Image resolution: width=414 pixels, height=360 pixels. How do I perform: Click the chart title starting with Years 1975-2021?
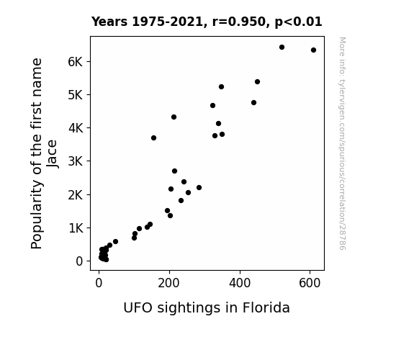207,22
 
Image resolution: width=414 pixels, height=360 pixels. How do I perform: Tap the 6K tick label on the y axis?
76,62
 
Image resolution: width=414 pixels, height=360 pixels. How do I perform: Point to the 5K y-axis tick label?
76,95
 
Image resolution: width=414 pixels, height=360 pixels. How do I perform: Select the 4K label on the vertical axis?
76,128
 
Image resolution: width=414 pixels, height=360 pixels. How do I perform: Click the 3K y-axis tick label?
76,161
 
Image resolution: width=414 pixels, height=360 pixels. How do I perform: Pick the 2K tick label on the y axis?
76,195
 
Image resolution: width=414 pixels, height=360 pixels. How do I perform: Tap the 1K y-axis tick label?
76,228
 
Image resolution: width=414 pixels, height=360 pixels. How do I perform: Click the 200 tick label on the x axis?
168,283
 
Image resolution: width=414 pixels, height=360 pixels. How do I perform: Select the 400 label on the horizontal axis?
240,283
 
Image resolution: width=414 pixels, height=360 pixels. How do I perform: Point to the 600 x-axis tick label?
310,283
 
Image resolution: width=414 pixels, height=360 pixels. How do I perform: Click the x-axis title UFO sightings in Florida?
207,308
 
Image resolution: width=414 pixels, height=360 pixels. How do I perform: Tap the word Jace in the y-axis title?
52,153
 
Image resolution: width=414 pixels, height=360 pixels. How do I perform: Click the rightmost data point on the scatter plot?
313,50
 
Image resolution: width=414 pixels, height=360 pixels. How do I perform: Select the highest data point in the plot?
282,47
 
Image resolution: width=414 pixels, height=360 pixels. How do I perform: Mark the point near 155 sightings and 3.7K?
153,138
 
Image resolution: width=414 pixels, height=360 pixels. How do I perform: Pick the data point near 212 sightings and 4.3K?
174,117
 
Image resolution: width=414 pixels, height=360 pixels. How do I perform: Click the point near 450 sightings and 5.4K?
258,81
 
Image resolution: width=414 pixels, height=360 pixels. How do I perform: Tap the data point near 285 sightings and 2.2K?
199,187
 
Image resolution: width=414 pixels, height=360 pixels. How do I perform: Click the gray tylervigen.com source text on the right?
342,143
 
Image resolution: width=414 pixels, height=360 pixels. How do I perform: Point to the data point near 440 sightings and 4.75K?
253,102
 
